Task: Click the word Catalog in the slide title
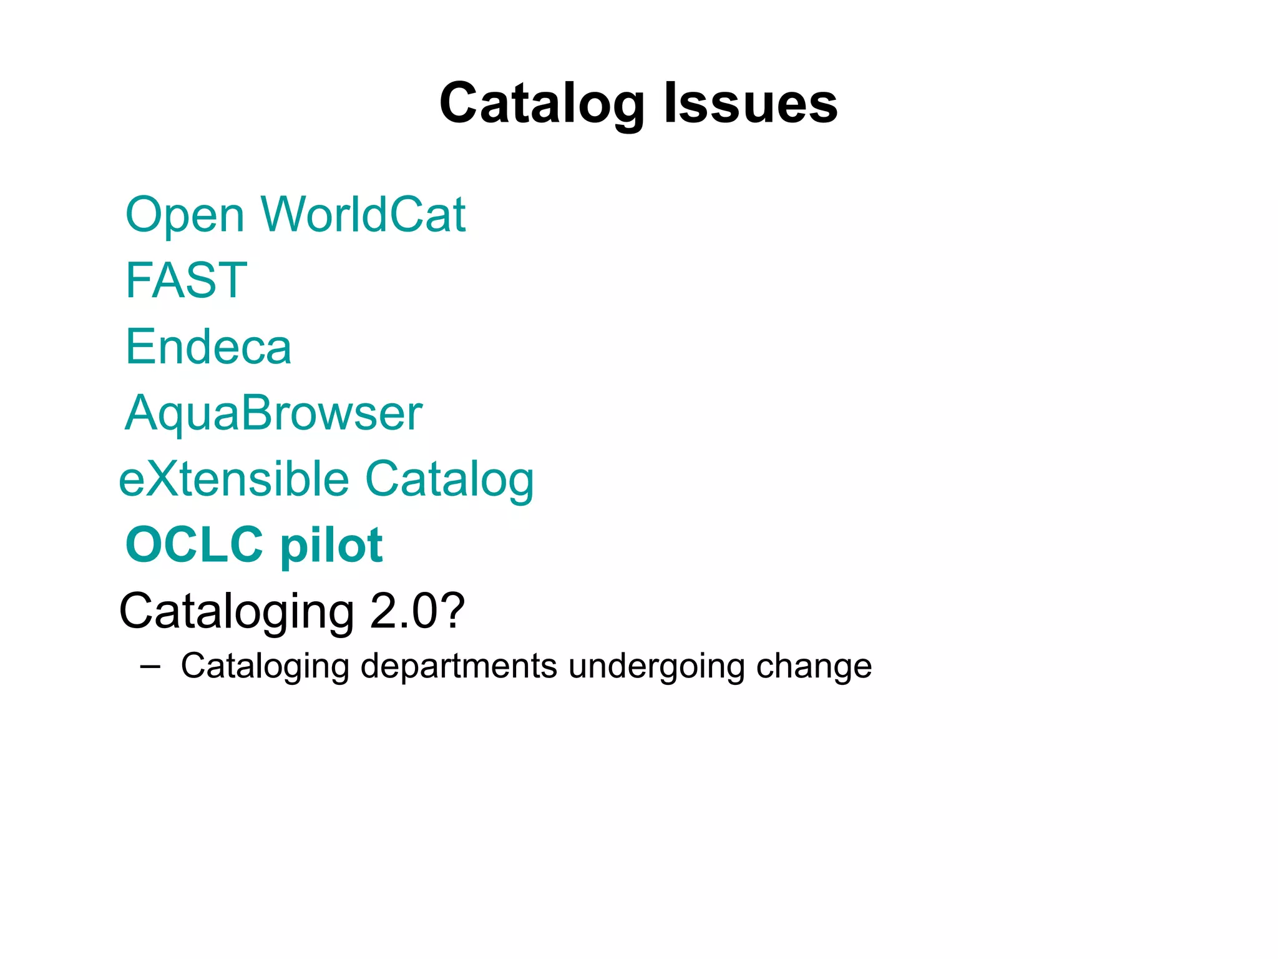(x=542, y=104)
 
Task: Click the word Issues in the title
(x=750, y=104)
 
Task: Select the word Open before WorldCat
(x=185, y=216)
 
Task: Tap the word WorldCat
(x=363, y=215)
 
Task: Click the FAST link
(x=186, y=280)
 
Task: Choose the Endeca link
(x=208, y=347)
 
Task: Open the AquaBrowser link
(x=273, y=413)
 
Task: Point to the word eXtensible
(x=234, y=479)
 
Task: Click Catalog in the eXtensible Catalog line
(x=449, y=480)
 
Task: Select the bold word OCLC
(x=194, y=544)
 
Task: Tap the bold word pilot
(x=331, y=546)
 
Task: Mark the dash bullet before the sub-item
(x=150, y=667)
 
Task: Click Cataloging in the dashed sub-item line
(x=265, y=667)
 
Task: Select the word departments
(x=459, y=667)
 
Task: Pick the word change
(x=814, y=667)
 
